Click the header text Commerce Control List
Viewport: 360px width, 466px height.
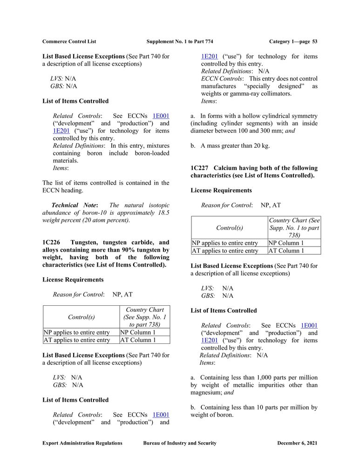(69, 41)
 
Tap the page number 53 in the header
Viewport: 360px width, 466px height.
(315, 41)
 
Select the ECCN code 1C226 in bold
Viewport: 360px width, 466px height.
(51, 243)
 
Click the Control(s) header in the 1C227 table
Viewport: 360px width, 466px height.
(229, 228)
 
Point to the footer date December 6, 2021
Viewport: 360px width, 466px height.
(297, 443)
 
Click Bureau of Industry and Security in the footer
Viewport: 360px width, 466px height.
(180, 443)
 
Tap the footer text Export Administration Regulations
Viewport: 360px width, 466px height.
(82, 443)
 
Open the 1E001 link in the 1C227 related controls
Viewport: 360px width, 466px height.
(309, 325)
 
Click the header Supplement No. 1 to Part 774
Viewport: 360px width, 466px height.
(180, 41)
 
